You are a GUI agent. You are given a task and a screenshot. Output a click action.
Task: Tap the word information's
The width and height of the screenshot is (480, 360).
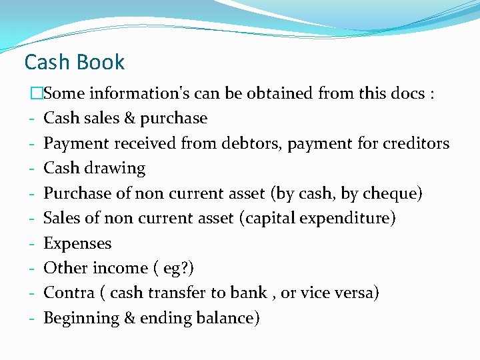(x=138, y=93)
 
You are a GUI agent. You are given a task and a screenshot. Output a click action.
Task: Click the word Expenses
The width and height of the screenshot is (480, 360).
(x=77, y=243)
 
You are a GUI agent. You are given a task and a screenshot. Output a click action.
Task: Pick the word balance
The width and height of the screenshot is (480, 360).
(x=225, y=318)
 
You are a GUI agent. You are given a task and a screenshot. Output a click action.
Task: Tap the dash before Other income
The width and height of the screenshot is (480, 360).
(x=32, y=268)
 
